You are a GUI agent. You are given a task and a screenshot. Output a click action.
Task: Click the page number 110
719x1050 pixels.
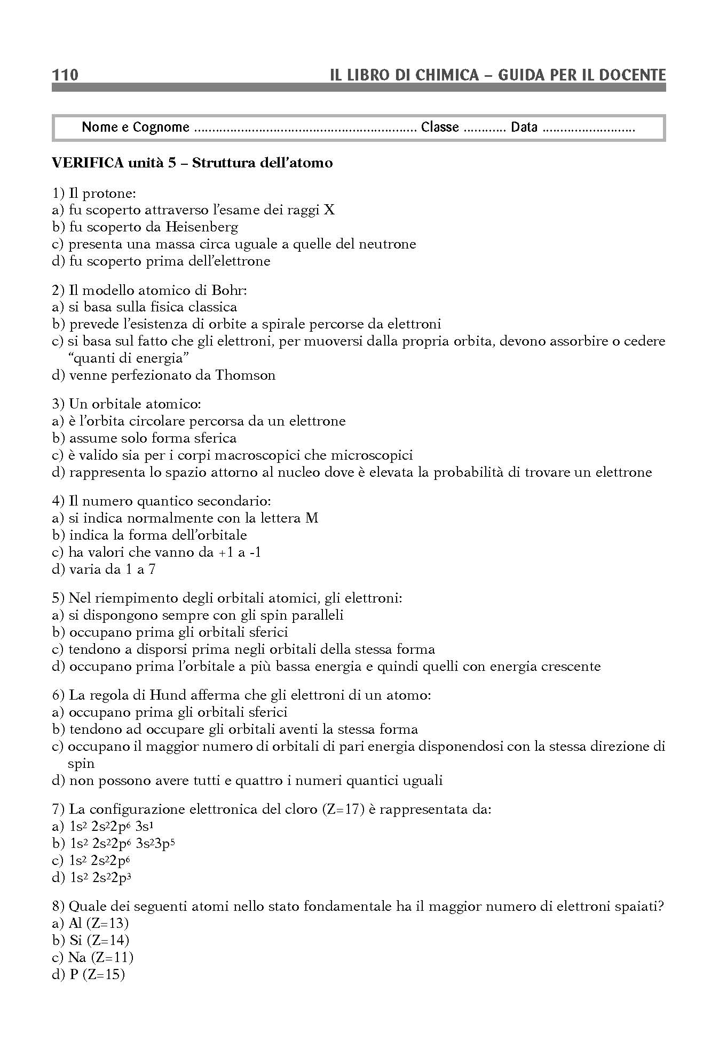[x=65, y=75]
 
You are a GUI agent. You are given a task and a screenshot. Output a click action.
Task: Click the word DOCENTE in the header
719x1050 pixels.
[x=633, y=75]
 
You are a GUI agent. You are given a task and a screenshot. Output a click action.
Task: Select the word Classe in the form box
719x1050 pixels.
[x=440, y=127]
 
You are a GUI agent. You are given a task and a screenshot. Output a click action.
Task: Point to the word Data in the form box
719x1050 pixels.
[x=524, y=127]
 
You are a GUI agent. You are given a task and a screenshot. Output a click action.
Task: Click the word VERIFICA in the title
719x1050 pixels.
[x=85, y=163]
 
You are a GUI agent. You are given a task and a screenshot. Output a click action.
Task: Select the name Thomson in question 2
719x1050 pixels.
[x=246, y=375]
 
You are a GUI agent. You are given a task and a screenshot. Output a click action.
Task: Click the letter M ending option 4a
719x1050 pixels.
[x=312, y=518]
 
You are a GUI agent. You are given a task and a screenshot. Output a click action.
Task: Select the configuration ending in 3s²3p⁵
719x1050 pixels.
[x=123, y=844]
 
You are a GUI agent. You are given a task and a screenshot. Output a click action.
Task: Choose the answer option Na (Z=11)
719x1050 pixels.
[x=100, y=958]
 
